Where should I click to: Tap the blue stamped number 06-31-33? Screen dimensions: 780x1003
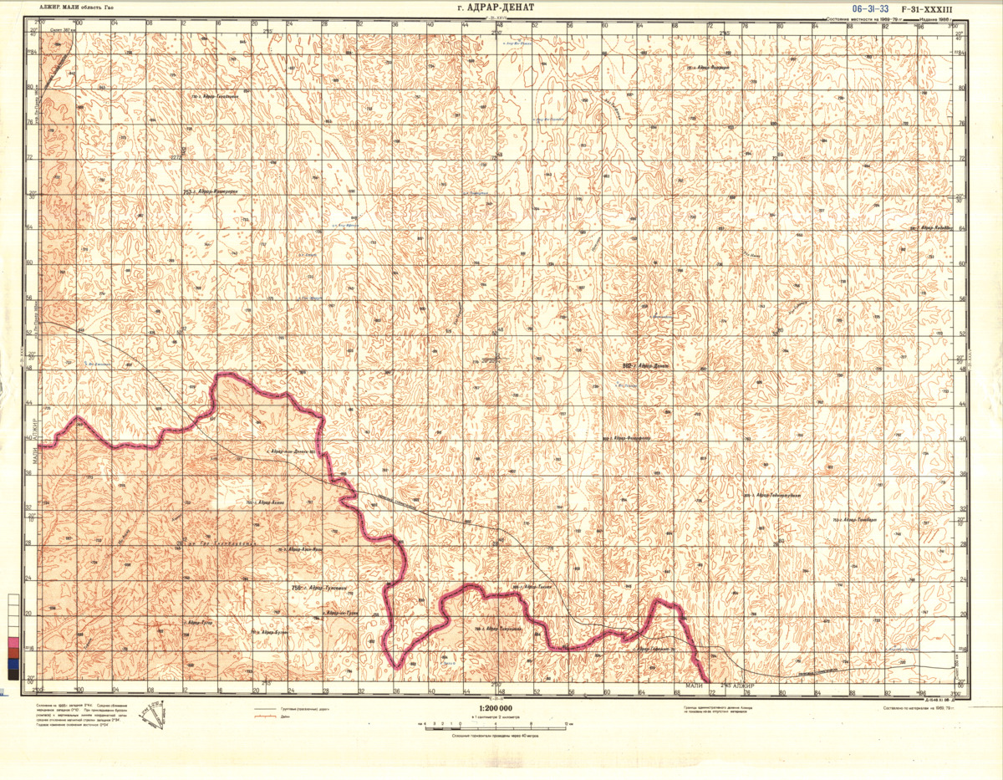871,8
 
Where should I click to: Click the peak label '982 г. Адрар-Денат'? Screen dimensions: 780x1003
648,365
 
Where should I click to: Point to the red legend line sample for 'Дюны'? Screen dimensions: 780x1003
266,717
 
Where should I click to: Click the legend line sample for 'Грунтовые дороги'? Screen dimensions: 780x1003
266,710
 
